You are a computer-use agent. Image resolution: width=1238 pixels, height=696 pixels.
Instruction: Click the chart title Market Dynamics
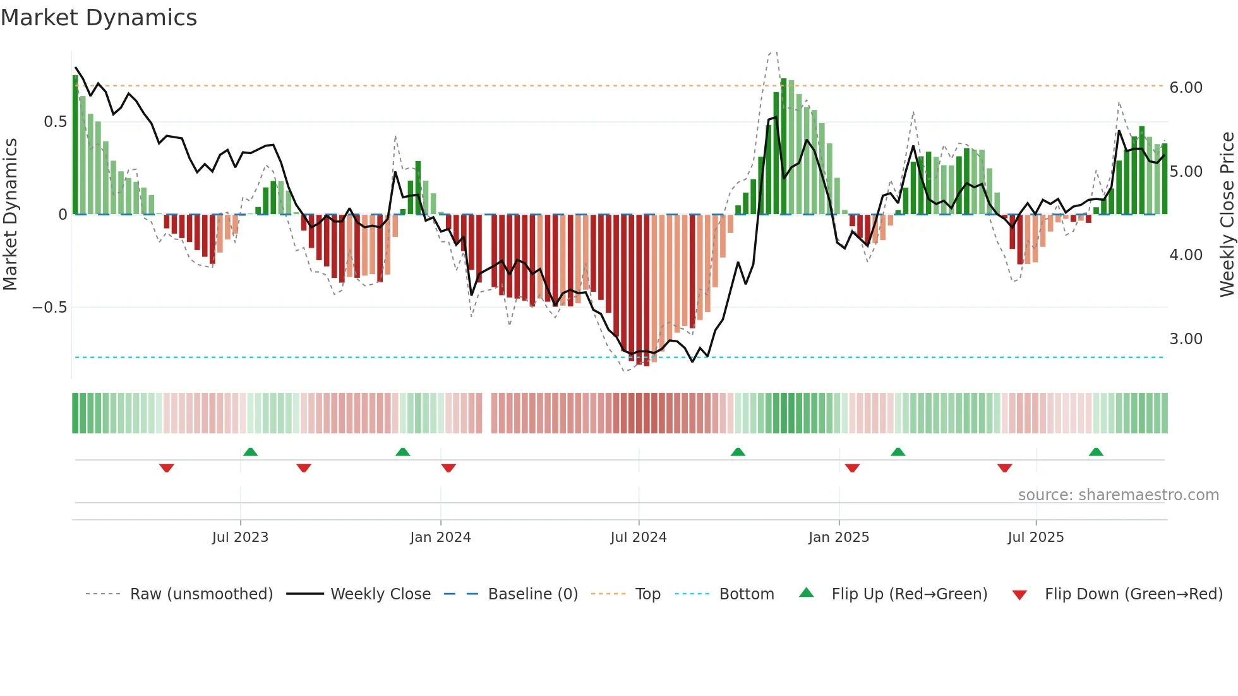[99, 18]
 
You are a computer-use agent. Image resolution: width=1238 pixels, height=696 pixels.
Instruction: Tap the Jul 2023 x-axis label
[240, 537]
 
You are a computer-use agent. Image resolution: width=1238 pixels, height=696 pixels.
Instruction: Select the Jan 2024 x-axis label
[440, 537]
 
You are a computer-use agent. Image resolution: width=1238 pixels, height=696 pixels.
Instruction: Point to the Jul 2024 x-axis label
[639, 537]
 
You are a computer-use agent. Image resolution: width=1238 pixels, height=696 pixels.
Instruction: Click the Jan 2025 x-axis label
[839, 537]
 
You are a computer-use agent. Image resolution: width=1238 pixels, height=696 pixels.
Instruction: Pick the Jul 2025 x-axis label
[1036, 537]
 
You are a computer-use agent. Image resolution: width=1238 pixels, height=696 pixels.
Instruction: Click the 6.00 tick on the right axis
[1186, 88]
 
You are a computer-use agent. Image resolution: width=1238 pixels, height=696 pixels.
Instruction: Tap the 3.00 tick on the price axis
[1186, 339]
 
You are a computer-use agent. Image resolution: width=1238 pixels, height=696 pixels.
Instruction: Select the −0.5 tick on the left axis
[49, 308]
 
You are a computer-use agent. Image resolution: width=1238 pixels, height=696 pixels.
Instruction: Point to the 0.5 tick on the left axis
[55, 122]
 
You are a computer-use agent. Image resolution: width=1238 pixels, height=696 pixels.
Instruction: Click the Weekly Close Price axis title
[1227, 215]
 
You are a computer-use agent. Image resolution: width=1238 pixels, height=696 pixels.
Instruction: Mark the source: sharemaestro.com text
[1118, 495]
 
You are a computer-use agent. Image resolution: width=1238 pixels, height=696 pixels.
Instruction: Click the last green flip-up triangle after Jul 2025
[1096, 452]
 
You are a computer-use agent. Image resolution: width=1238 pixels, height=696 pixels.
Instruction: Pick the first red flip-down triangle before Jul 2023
[167, 468]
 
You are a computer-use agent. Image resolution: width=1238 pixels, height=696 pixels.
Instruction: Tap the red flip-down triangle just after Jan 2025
[852, 468]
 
